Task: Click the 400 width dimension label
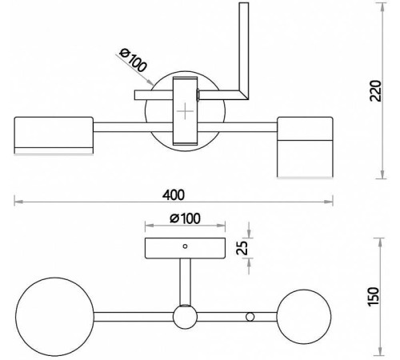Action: (x=174, y=194)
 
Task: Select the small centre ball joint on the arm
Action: (x=185, y=317)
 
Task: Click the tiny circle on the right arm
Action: (x=250, y=318)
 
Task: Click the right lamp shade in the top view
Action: (x=304, y=146)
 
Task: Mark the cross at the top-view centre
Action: (x=185, y=111)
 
